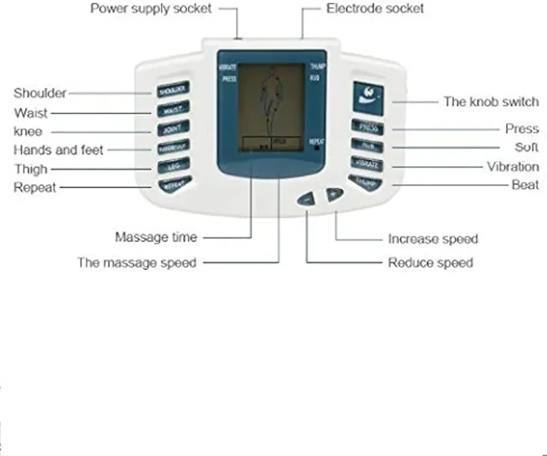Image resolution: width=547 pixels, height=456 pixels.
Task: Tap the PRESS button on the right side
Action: (x=368, y=127)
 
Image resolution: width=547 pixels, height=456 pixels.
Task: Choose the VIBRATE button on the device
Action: (x=368, y=165)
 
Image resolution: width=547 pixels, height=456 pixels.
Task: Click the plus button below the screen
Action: (x=334, y=195)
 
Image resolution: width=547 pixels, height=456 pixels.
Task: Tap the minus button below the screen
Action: (x=306, y=199)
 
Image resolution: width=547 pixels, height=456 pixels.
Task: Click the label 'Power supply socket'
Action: (x=151, y=9)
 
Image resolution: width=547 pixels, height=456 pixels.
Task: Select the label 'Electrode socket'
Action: (x=375, y=9)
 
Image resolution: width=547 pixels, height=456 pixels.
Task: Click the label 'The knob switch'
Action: (x=491, y=102)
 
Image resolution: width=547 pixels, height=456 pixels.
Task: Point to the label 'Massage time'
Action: (x=156, y=237)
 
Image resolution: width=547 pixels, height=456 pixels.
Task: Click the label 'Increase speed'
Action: (x=433, y=239)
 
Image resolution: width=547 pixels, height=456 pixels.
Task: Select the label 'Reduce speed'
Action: (x=430, y=263)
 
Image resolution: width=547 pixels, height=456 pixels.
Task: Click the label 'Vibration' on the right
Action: (x=513, y=167)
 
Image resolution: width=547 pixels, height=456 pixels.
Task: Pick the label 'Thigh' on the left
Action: (x=31, y=169)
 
